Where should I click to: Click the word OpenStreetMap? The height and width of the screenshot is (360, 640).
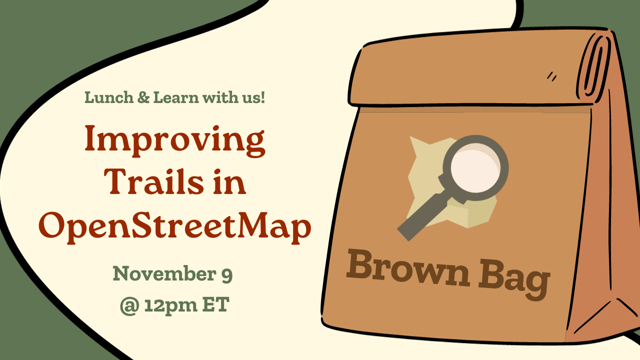point(174,226)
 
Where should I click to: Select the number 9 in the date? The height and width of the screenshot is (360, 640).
point(226,274)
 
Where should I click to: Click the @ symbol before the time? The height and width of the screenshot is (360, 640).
point(129,305)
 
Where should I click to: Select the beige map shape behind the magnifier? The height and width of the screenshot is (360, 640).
point(425,165)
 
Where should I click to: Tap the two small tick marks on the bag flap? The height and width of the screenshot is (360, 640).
point(552,76)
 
